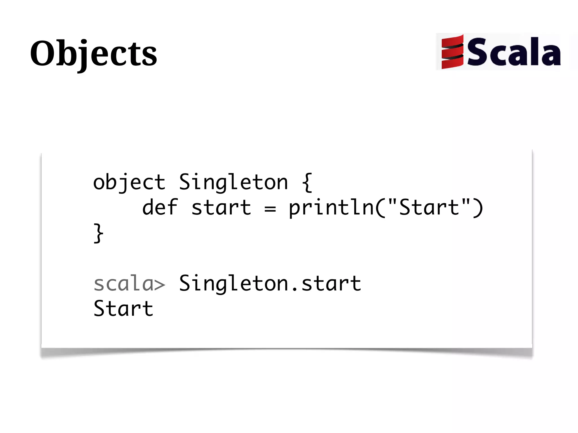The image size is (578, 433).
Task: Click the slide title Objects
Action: click(93, 54)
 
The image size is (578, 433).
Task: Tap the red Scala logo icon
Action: click(452, 52)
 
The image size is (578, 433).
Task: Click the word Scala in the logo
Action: click(514, 52)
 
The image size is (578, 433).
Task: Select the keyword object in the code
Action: click(129, 183)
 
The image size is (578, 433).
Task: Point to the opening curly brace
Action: click(307, 183)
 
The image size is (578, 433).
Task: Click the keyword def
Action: click(160, 208)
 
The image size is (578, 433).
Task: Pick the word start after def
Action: click(221, 208)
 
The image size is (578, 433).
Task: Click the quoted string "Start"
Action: click(429, 207)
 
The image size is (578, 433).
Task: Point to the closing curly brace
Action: click(98, 233)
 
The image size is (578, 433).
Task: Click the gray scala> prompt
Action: click(129, 283)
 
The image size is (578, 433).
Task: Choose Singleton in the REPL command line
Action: click(233, 283)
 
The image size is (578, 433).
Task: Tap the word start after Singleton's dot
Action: click(331, 283)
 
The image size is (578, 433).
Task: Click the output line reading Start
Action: click(123, 309)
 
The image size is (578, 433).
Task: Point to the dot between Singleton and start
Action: click(295, 289)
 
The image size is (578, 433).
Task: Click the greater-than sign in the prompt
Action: click(159, 285)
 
